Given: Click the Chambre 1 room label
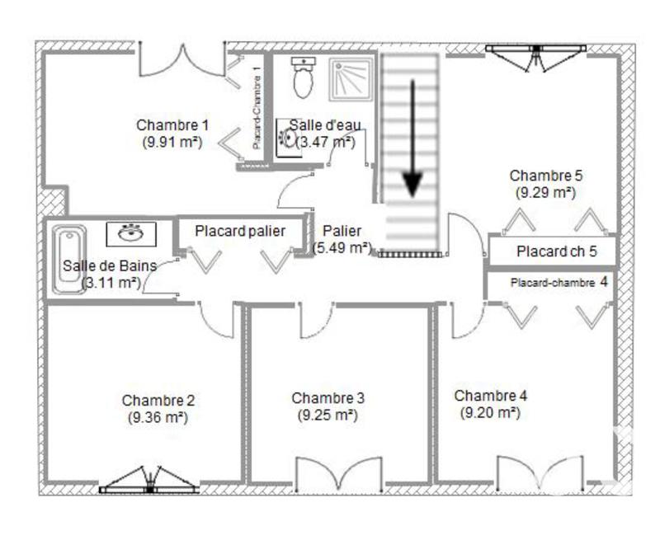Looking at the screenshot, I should tap(172, 125).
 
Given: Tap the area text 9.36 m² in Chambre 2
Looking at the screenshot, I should tap(158, 417).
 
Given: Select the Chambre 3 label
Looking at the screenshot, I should tap(328, 398).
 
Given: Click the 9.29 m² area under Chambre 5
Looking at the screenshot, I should tap(545, 192).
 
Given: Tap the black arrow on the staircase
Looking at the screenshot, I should tap(412, 140).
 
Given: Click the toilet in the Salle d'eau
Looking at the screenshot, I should tap(303, 77).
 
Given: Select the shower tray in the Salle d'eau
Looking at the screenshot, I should tap(351, 78).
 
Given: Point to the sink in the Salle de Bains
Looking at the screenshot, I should tap(130, 233).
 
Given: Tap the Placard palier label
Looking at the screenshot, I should tap(239, 232).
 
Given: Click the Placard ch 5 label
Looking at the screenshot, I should tap(556, 251).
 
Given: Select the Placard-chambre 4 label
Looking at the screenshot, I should tap(559, 282).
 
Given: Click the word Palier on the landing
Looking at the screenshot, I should tap(342, 231).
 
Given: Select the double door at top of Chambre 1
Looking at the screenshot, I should tap(181, 59).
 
